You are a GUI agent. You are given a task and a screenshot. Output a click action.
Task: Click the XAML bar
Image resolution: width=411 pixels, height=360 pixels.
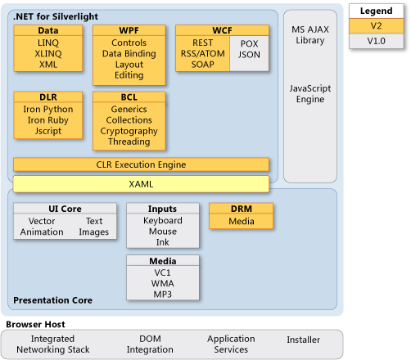tap(141, 184)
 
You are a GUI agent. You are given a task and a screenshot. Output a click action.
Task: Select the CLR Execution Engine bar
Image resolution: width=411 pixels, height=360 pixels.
tap(141, 164)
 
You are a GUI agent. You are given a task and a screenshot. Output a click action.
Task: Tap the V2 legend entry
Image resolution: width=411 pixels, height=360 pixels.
tap(377, 26)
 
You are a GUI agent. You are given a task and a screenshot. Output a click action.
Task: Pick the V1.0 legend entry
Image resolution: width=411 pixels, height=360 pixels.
tap(377, 41)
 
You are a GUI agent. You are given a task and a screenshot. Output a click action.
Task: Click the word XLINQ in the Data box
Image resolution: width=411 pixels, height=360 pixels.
tap(48, 53)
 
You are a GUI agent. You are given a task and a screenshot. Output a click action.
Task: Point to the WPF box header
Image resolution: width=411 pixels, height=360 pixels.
tap(129, 30)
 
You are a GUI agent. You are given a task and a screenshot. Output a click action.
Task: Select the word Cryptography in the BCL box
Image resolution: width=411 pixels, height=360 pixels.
tap(129, 131)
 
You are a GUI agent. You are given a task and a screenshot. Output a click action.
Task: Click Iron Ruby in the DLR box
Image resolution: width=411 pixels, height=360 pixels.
tap(48, 120)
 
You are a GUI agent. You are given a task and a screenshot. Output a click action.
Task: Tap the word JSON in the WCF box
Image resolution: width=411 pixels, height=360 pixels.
tap(249, 55)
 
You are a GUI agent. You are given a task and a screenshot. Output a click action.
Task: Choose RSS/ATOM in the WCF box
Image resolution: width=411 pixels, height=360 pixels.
tap(203, 53)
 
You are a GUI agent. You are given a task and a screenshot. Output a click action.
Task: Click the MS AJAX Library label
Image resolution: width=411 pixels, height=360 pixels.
tap(310, 35)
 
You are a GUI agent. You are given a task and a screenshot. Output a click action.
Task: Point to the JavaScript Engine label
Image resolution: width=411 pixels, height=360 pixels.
tap(310, 94)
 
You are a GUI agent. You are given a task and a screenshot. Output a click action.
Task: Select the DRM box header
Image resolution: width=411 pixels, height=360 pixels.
tap(242, 209)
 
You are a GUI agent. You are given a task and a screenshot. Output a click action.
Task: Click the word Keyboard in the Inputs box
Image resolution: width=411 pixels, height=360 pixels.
tap(163, 220)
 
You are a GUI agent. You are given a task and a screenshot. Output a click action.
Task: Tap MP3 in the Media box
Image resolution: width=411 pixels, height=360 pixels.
tap(163, 295)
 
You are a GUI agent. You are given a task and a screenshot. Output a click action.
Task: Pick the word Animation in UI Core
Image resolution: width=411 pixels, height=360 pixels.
tap(42, 232)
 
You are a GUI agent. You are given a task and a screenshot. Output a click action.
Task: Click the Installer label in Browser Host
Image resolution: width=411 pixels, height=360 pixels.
tap(304, 340)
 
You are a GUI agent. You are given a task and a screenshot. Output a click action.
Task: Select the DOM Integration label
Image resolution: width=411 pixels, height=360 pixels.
tap(150, 344)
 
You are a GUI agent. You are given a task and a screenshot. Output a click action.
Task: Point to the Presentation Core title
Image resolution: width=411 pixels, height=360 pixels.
tap(52, 300)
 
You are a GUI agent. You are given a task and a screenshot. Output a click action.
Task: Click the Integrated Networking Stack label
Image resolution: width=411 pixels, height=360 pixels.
tap(53, 344)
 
